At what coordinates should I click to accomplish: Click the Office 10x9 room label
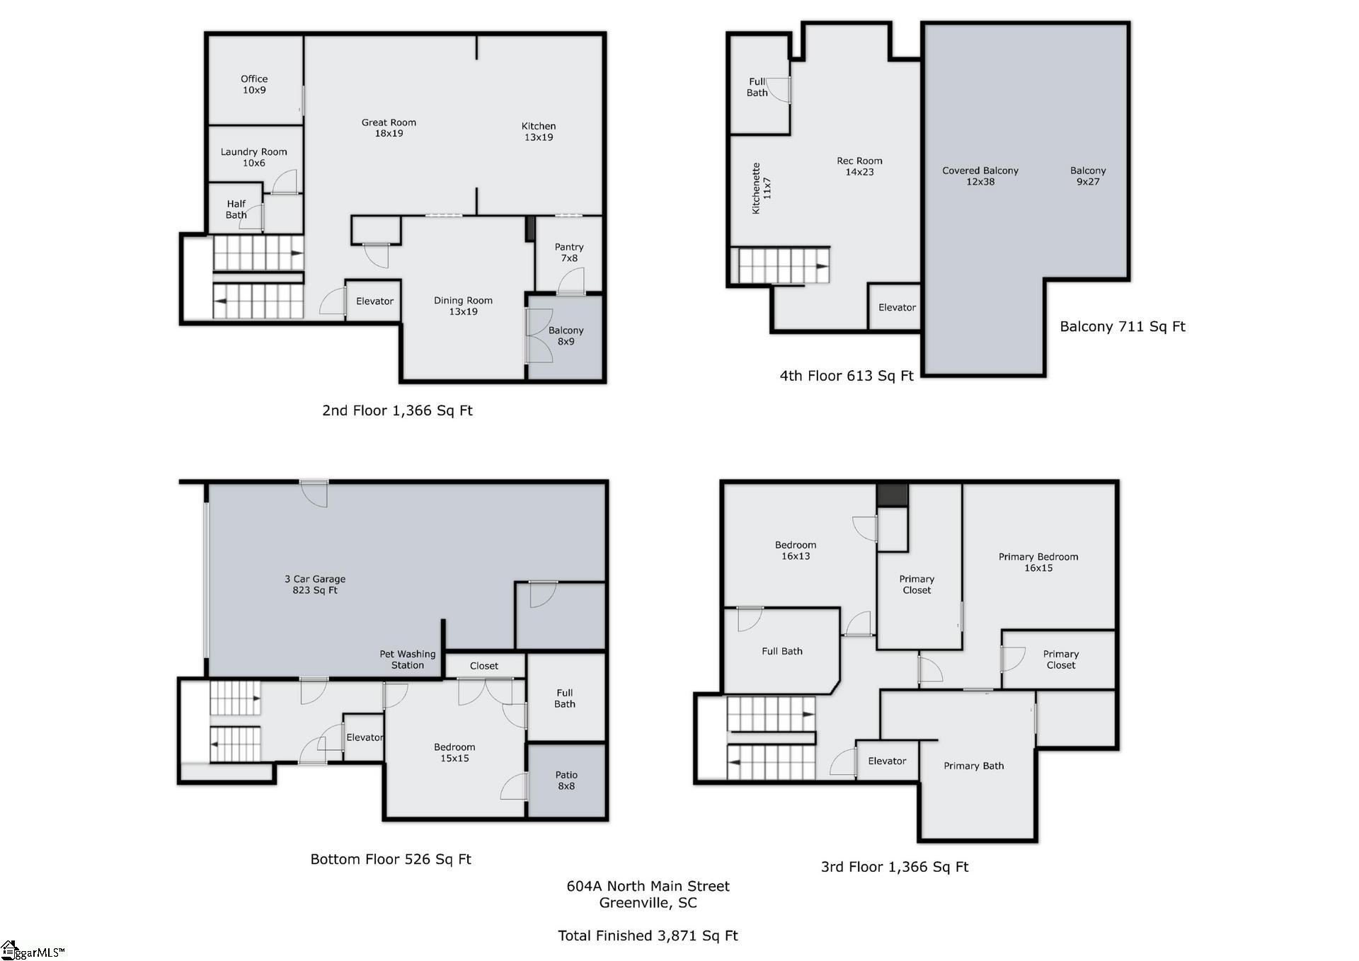(x=254, y=84)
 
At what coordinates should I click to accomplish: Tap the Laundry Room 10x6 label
(x=253, y=157)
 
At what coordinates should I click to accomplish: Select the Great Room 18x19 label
(x=389, y=127)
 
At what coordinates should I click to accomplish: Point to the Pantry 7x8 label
(x=569, y=252)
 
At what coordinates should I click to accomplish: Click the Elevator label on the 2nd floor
(x=374, y=301)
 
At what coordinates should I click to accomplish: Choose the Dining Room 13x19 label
(x=463, y=306)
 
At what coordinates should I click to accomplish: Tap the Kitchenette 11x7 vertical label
(x=762, y=188)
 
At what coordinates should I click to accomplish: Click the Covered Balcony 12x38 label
(x=980, y=175)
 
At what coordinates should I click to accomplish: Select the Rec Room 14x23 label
(x=859, y=166)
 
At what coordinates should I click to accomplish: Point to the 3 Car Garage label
(x=315, y=585)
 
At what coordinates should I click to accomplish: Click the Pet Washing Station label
(x=408, y=660)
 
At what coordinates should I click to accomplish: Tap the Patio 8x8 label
(x=566, y=781)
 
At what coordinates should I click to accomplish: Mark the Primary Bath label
(x=974, y=766)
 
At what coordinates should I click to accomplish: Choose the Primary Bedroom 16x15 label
(x=1038, y=562)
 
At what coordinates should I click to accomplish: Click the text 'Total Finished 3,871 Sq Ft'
(x=648, y=936)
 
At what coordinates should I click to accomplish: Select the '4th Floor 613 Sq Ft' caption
(x=847, y=376)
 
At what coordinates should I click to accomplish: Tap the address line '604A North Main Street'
(x=648, y=886)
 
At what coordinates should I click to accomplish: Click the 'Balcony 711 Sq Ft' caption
(x=1122, y=326)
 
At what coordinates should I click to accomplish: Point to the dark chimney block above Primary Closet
(x=892, y=494)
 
